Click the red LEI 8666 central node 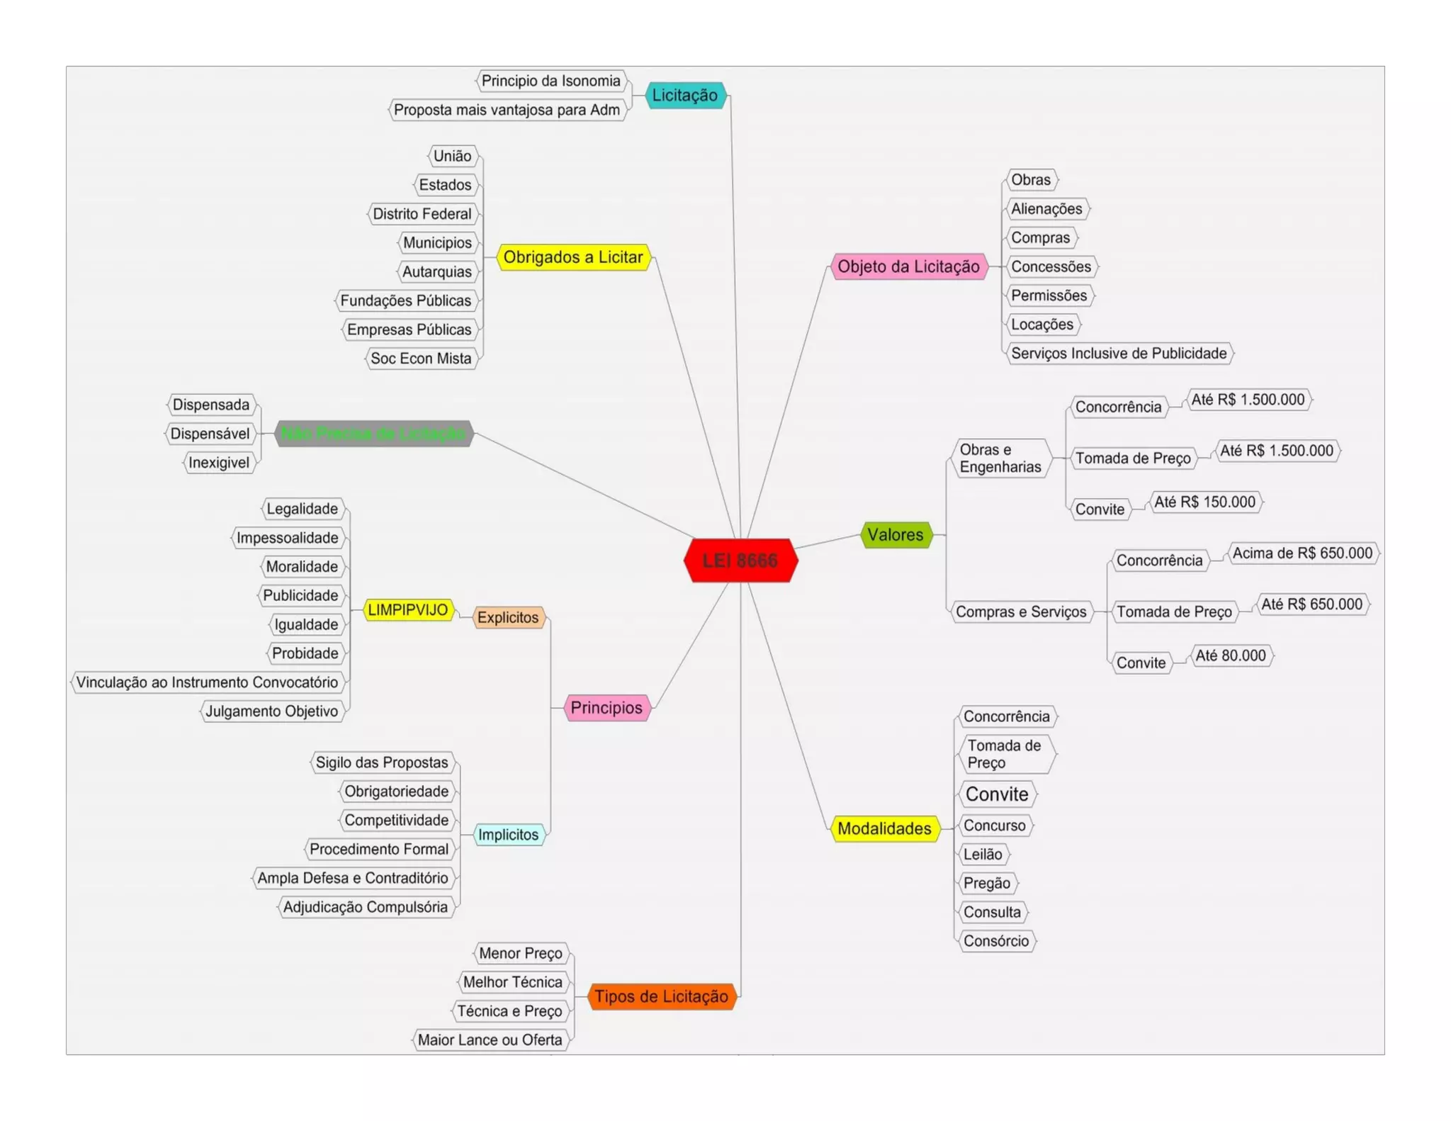pos(740,560)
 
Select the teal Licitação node pos(685,95)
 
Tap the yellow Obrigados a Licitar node pos(573,257)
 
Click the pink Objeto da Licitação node pos(908,266)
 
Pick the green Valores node pos(896,534)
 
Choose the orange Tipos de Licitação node pos(661,996)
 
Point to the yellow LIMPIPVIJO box pos(408,610)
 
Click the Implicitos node pos(508,835)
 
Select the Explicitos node pos(508,617)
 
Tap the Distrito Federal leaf pos(422,214)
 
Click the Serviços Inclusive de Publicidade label pos(1119,353)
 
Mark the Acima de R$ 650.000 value pos(1302,553)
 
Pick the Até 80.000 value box pos(1231,655)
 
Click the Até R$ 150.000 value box pos(1204,502)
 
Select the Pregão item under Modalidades pos(987,883)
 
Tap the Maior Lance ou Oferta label pos(490,1040)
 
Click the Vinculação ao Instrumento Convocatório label pos(208,682)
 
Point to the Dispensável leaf pos(210,434)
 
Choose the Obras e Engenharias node pos(1000,458)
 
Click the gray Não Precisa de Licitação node pos(373,434)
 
